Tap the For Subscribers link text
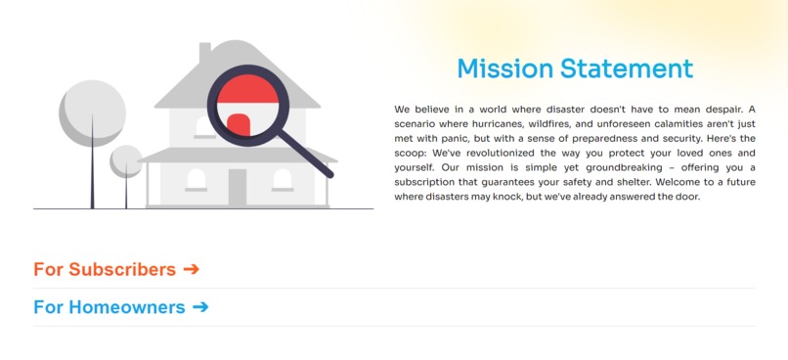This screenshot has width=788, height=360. [x=105, y=269]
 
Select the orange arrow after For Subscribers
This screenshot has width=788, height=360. [x=191, y=269]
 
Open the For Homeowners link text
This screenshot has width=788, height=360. [x=109, y=307]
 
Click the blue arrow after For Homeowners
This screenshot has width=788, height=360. [x=200, y=307]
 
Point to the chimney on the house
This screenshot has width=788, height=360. [x=205, y=53]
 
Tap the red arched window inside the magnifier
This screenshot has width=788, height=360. [x=239, y=124]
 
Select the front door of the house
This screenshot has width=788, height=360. [x=238, y=187]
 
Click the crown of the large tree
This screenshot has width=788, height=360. [x=92, y=110]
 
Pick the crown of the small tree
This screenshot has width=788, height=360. [x=126, y=160]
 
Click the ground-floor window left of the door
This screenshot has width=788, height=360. [x=197, y=180]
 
